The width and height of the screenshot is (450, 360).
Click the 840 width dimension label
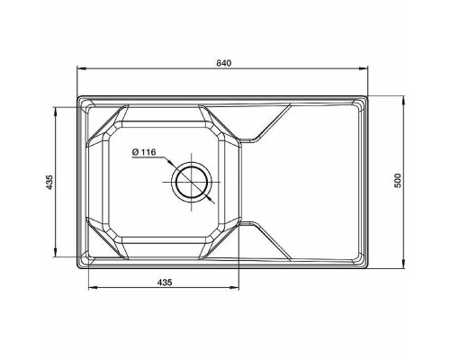224,62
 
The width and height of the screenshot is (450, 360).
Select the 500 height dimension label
397,181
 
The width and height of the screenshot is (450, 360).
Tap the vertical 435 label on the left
50,183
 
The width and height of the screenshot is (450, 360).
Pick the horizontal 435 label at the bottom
165,283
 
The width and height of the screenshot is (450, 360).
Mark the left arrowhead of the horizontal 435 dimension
89,289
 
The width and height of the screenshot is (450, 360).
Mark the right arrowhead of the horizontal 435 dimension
240,289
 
